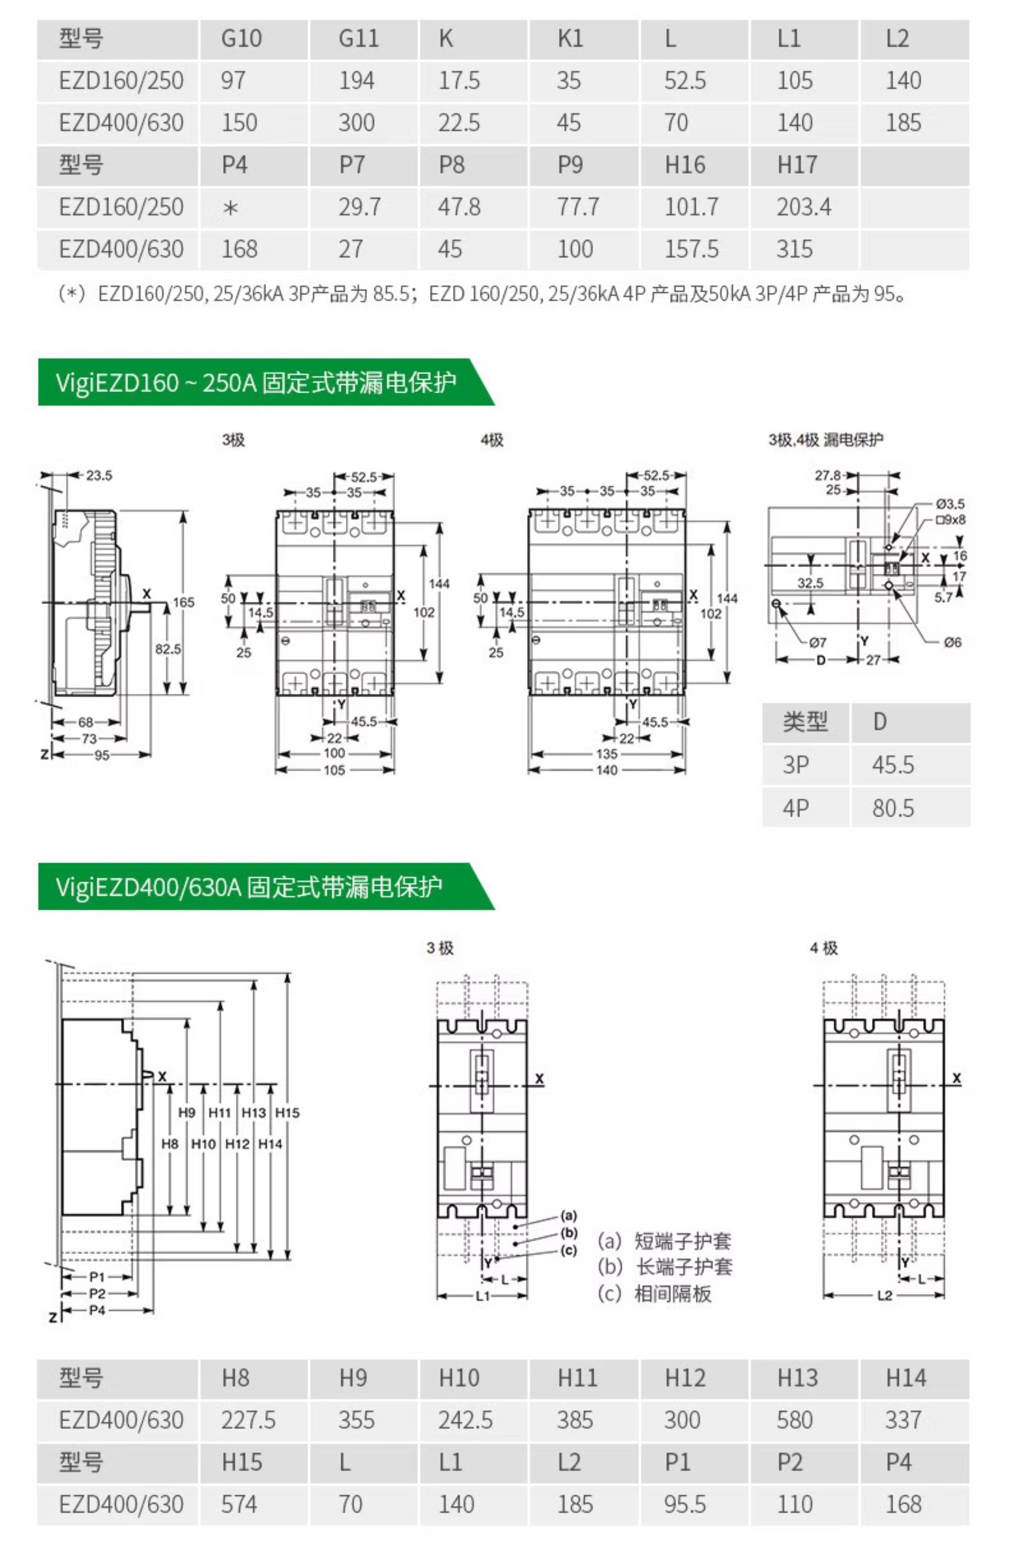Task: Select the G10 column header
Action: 241,39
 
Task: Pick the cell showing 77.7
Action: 578,207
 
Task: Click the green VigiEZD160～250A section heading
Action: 256,382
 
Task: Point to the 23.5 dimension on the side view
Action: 99,476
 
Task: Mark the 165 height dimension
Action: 183,602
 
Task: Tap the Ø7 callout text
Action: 818,642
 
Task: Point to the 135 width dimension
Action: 606,754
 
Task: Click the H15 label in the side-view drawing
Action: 287,1112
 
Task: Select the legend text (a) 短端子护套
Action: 664,1240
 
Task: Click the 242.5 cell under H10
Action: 465,1420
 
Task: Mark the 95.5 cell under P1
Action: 685,1504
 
